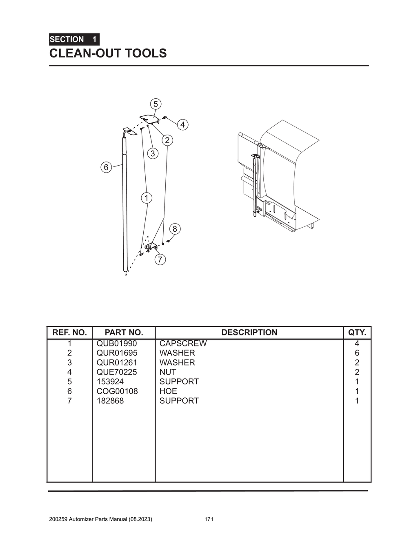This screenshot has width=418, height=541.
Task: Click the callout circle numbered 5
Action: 155,104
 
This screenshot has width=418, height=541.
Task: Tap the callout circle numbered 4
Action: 182,124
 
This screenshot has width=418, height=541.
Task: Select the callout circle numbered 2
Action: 167,140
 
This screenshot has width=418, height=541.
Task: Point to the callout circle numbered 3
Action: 153,153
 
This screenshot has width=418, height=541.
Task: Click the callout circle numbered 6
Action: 106,167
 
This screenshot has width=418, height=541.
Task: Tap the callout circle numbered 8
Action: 175,228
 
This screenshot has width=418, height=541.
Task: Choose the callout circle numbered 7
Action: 160,259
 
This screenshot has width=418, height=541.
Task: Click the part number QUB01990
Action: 117,344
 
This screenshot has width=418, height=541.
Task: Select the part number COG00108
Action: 117,391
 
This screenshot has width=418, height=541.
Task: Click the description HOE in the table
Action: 168,391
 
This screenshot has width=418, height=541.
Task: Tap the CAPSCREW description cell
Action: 183,344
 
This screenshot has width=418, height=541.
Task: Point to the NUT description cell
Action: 168,372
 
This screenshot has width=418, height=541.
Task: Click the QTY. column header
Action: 357,333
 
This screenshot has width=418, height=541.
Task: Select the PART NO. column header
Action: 124,333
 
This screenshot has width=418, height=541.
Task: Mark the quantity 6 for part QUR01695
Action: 357,353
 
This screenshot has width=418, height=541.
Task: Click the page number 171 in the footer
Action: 209,519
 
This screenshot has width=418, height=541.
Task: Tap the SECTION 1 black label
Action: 74,40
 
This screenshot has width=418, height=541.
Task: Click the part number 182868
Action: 110,401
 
